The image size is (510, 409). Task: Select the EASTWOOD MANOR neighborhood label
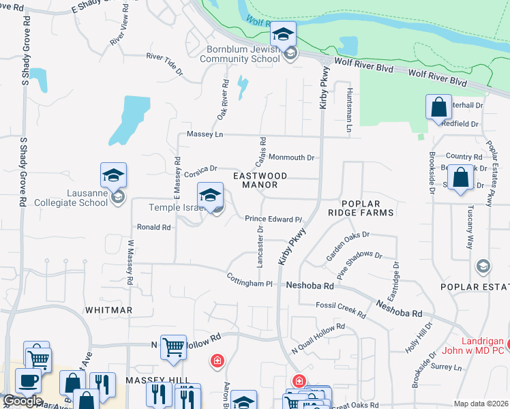(x=260, y=180)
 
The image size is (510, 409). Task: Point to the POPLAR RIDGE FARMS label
(x=367, y=208)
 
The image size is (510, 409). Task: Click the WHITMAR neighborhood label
(x=108, y=309)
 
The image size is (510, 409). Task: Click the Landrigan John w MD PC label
(x=480, y=347)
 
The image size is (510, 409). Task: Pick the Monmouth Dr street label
(x=291, y=157)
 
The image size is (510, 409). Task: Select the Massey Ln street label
(x=205, y=134)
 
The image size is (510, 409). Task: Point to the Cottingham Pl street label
(x=250, y=279)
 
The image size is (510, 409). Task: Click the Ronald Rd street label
(x=153, y=227)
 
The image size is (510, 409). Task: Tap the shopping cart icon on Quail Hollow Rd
(x=173, y=347)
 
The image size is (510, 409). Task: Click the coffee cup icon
(x=28, y=380)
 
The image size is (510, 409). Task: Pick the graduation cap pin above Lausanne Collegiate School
(x=114, y=176)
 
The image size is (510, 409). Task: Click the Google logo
(x=22, y=400)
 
